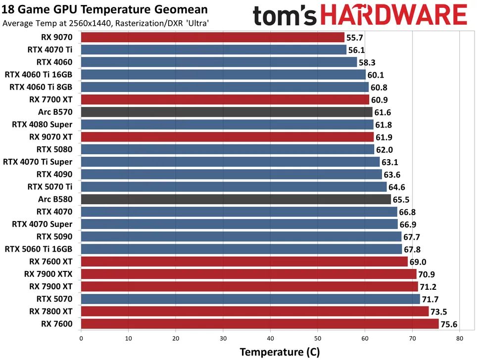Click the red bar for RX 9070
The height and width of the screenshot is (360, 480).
pyautogui.click(x=212, y=37)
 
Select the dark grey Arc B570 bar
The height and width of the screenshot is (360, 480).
pyautogui.click(x=226, y=112)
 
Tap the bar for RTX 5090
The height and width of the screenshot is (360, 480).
pyautogui.click(x=241, y=236)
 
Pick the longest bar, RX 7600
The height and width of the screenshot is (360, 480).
pyautogui.click(x=259, y=324)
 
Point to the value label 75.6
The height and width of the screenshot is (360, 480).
pyautogui.click(x=450, y=324)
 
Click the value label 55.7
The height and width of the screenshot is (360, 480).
pyautogui.click(x=355, y=38)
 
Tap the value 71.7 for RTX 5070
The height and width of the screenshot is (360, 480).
pyautogui.click(x=431, y=299)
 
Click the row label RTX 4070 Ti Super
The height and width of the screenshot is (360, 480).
pyautogui.click(x=38, y=162)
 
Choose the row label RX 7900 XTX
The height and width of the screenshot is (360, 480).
pyautogui.click(x=48, y=274)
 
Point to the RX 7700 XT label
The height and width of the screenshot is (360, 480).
pyautogui.click(x=51, y=99)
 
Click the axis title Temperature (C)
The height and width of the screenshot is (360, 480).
pyautogui.click(x=280, y=352)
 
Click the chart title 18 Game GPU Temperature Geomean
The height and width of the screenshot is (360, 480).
pyautogui.click(x=105, y=10)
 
